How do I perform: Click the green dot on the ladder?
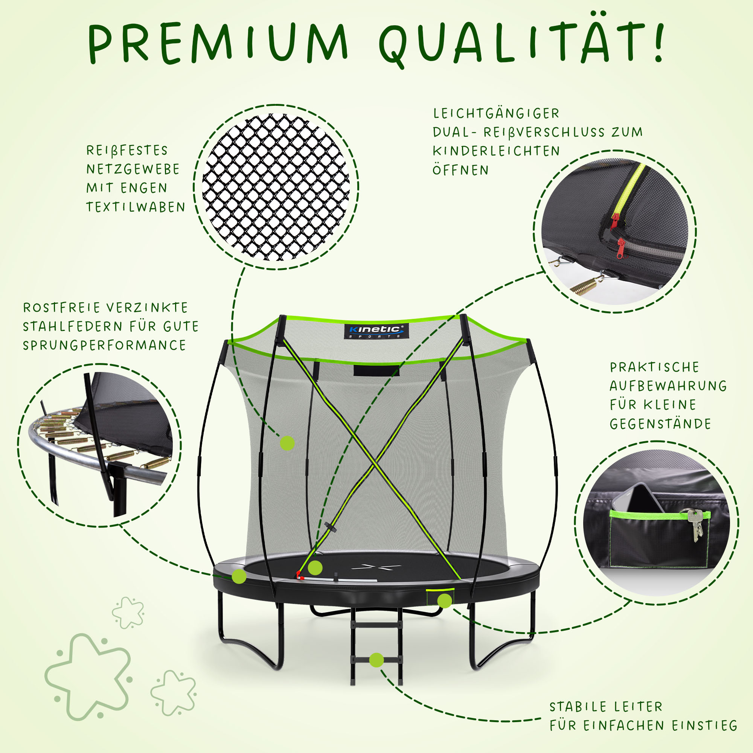point(376,660)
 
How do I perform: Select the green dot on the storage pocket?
point(444,601)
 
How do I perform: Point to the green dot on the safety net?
point(287,443)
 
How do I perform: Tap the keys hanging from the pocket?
point(696,524)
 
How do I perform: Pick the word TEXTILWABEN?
point(136,207)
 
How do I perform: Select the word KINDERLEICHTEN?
point(496,151)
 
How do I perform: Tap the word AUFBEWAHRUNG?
point(668,386)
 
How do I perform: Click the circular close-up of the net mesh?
point(276,187)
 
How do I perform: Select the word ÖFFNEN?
point(460,169)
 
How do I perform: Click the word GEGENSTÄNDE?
point(661,423)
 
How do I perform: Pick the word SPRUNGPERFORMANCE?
point(104,345)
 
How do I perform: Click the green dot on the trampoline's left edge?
point(239,576)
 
